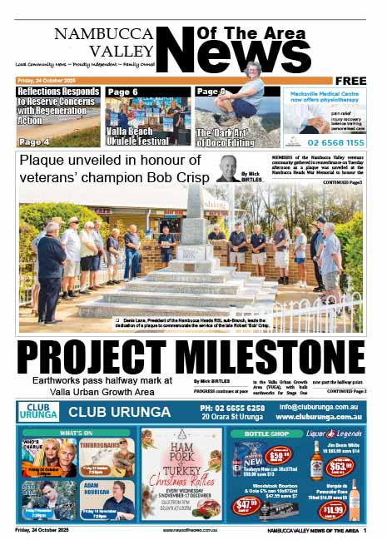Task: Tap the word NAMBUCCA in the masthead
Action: [x=104, y=34]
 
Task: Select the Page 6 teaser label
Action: [x=122, y=92]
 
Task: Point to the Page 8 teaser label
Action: [x=211, y=92]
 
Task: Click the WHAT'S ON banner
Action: [x=77, y=433]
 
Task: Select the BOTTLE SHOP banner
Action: [x=267, y=433]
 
